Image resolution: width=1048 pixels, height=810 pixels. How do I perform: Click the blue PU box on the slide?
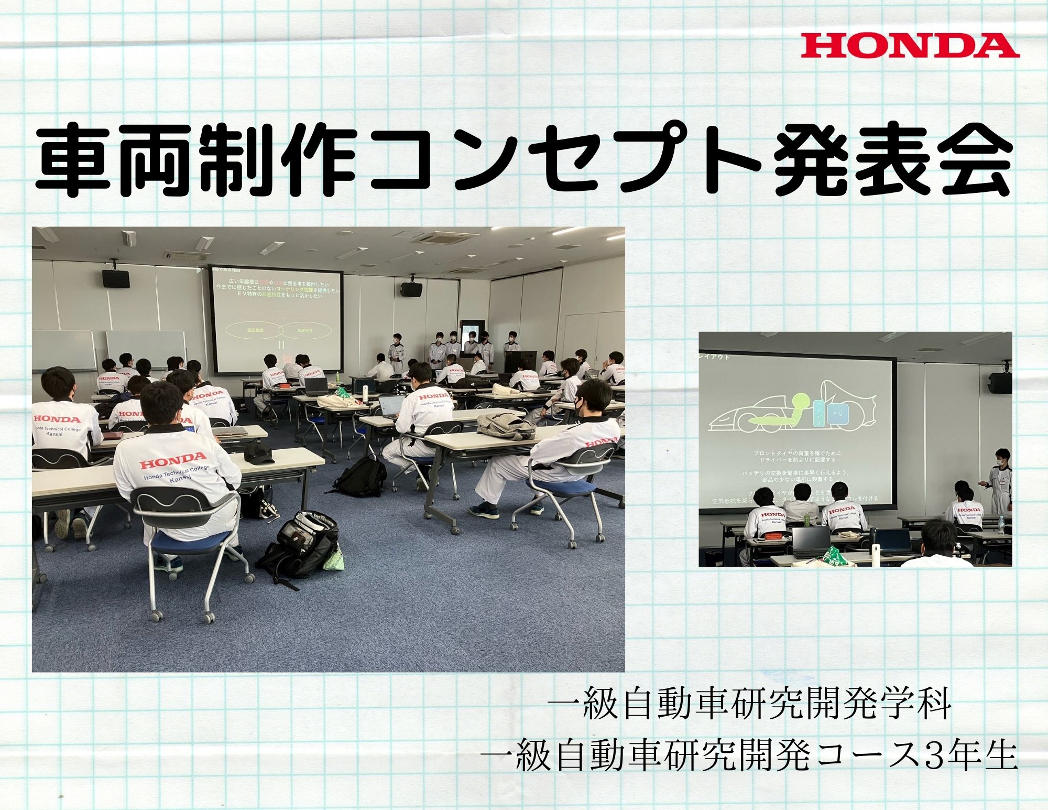[x=837, y=415]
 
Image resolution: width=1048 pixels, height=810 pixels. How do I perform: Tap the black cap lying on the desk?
[x=259, y=451]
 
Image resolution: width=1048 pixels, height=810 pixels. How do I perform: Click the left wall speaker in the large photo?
[x=116, y=278]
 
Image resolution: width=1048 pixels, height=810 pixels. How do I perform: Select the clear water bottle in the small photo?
[x=1001, y=525]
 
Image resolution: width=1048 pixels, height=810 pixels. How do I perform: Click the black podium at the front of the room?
[x=520, y=361]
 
